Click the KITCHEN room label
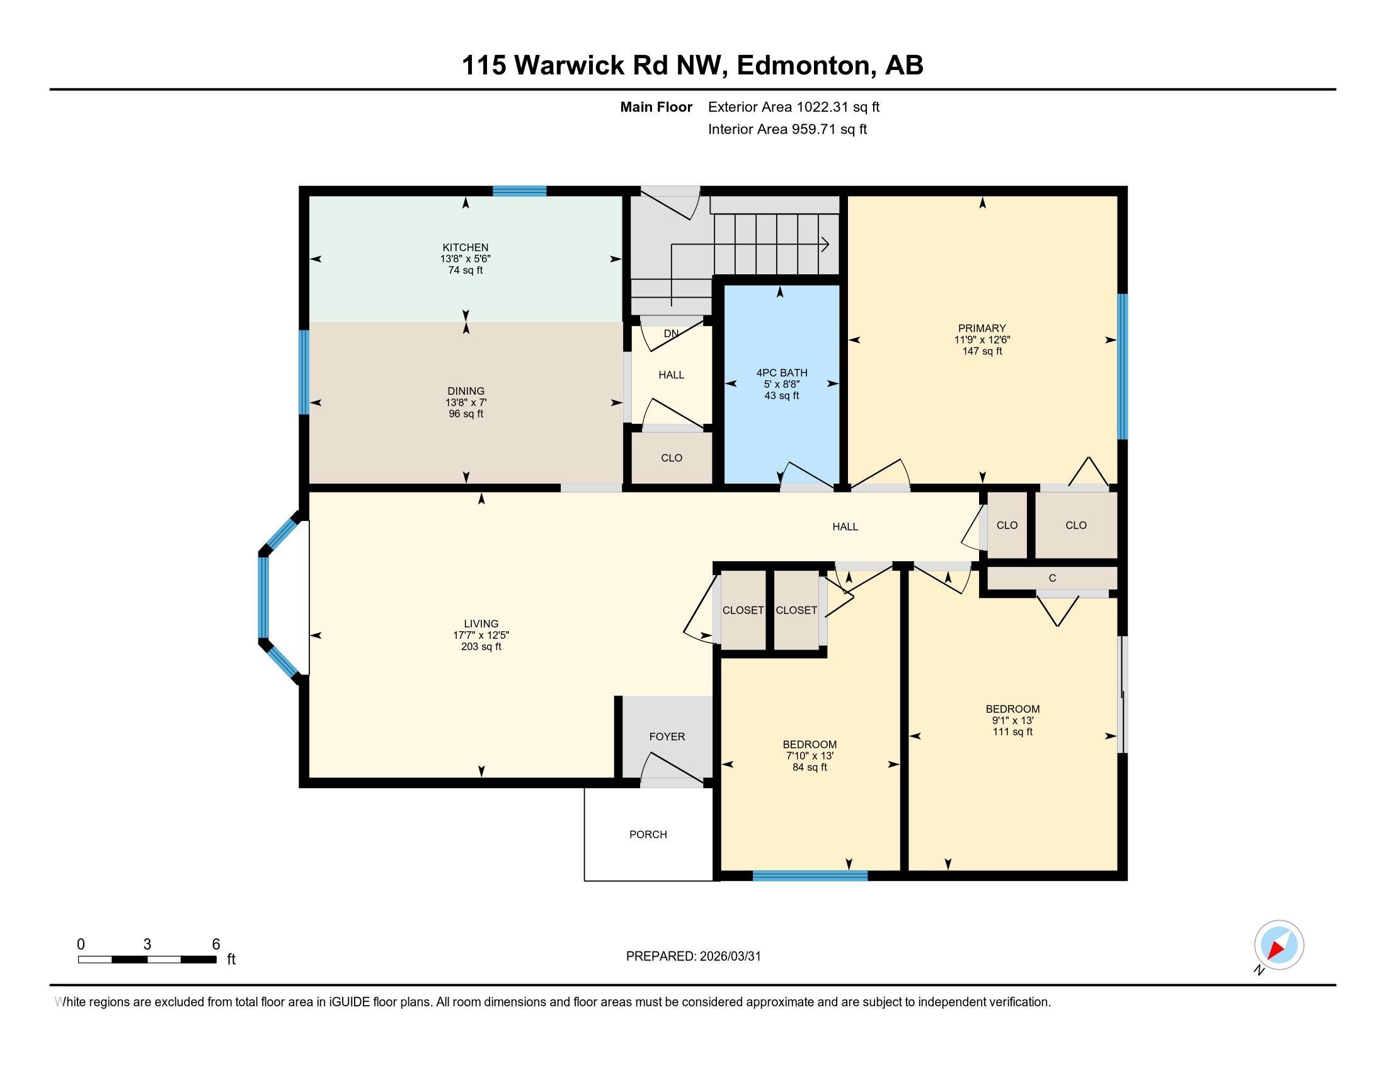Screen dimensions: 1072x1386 click(x=465, y=248)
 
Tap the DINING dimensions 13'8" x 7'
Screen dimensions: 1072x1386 click(x=465, y=403)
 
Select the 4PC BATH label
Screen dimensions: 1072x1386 click(x=781, y=373)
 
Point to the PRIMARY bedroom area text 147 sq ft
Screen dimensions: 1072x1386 click(x=982, y=351)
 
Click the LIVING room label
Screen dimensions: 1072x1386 click(x=481, y=624)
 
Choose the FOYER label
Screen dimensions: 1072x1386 click(x=667, y=737)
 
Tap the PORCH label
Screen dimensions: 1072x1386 click(x=648, y=834)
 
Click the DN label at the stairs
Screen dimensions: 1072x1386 click(x=671, y=334)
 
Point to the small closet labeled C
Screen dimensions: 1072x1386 click(x=1052, y=578)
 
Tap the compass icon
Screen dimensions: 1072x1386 click(x=1279, y=945)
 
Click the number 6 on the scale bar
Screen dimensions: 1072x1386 click(x=215, y=945)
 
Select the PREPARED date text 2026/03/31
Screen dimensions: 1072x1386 click(x=729, y=957)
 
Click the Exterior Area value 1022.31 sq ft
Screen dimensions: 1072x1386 click(x=838, y=107)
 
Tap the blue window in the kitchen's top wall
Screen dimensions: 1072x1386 click(x=520, y=191)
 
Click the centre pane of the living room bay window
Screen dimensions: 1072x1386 click(x=263, y=597)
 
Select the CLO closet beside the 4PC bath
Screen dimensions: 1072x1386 click(x=672, y=458)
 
